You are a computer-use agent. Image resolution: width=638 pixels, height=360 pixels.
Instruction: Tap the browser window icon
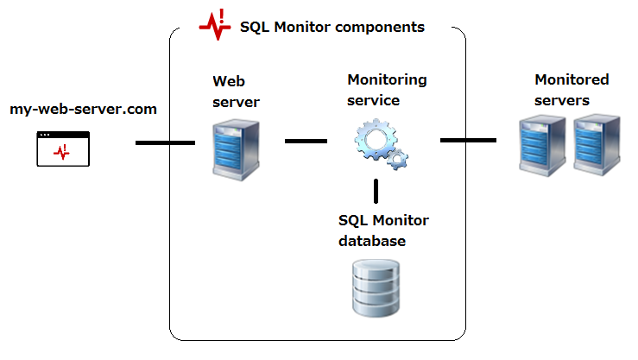pyautogui.click(x=63, y=148)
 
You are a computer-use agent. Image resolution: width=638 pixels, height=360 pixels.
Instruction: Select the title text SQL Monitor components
pyautogui.click(x=332, y=27)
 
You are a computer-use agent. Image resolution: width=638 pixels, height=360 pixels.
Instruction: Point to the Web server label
pyautogui.click(x=236, y=92)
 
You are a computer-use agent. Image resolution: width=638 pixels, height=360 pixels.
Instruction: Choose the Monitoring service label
pyautogui.click(x=386, y=90)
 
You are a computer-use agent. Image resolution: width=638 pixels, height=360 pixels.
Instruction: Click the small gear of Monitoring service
pyautogui.click(x=397, y=159)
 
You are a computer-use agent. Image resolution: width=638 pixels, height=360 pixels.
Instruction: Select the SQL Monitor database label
pyautogui.click(x=382, y=231)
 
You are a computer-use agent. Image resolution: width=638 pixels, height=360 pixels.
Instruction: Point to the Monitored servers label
pyautogui.click(x=571, y=90)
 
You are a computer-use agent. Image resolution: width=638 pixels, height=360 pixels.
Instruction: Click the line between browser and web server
pyautogui.click(x=165, y=142)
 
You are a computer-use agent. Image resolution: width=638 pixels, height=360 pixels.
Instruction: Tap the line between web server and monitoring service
pyautogui.click(x=306, y=140)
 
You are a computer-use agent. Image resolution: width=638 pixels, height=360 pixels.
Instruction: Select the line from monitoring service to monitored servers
pyautogui.click(x=468, y=139)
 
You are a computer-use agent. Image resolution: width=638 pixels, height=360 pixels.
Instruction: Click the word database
pyautogui.click(x=372, y=241)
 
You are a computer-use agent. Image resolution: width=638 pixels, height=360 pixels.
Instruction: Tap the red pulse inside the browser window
pyautogui.click(x=61, y=153)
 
